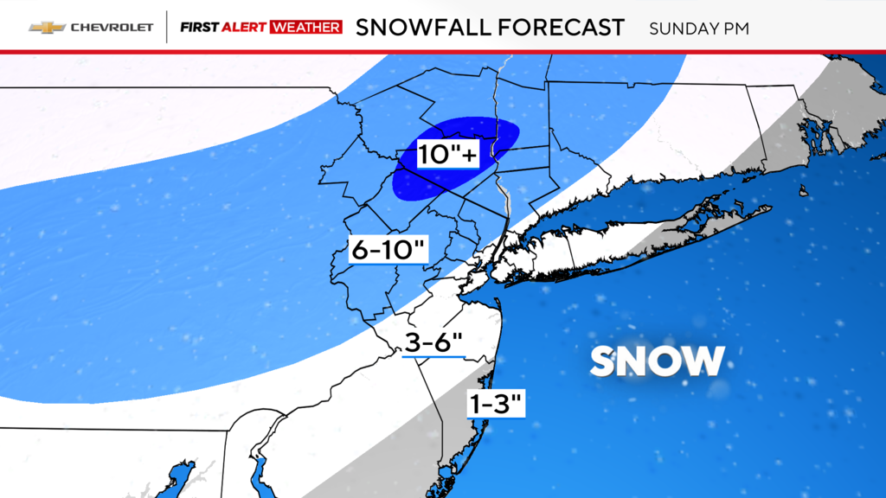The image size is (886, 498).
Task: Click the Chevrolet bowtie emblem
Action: click(x=47, y=27)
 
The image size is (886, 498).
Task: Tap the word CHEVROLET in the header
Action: click(x=112, y=28)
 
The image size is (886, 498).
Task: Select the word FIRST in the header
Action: click(x=198, y=28)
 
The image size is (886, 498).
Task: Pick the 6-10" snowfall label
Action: click(x=389, y=249)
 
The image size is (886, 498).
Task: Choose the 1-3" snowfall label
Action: click(x=496, y=402)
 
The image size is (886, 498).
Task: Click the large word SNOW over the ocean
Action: click(x=657, y=361)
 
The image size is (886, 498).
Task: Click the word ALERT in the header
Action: click(x=245, y=28)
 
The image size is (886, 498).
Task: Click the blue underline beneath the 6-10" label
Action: click(x=389, y=264)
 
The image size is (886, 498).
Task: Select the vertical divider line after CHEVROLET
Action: click(x=166, y=28)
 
